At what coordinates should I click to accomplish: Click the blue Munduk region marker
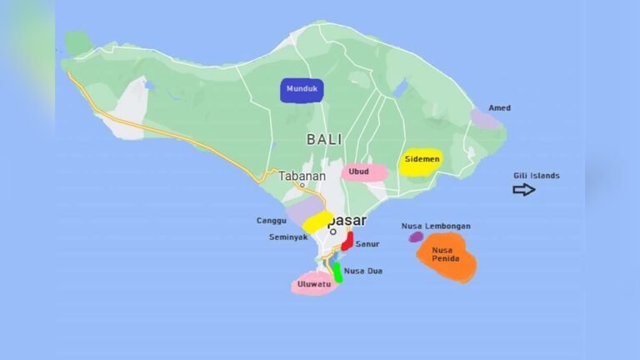click(x=302, y=90)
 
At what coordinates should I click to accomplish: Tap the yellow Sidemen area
click(x=420, y=161)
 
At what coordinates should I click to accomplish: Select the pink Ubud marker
click(x=364, y=172)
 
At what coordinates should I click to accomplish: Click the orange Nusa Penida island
click(x=447, y=258)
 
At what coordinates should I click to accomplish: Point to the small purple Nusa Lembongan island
click(x=416, y=237)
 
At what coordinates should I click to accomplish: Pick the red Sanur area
click(x=347, y=241)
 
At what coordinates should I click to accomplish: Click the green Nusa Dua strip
click(x=337, y=272)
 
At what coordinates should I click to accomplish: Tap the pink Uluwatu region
click(x=314, y=283)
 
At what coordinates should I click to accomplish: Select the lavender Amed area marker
click(x=485, y=120)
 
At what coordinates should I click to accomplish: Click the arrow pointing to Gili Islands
click(x=524, y=190)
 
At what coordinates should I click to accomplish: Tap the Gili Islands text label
click(x=536, y=176)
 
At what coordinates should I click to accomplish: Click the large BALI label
click(x=324, y=139)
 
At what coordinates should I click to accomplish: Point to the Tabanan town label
click(x=301, y=176)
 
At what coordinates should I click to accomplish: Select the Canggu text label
click(x=272, y=221)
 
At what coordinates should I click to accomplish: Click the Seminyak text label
click(x=287, y=237)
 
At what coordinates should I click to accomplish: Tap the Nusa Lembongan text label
click(x=436, y=226)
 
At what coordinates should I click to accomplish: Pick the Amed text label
click(x=500, y=108)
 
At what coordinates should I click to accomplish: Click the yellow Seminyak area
click(x=317, y=222)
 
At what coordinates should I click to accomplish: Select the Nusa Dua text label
click(x=363, y=271)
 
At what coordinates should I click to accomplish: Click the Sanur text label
click(x=367, y=244)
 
